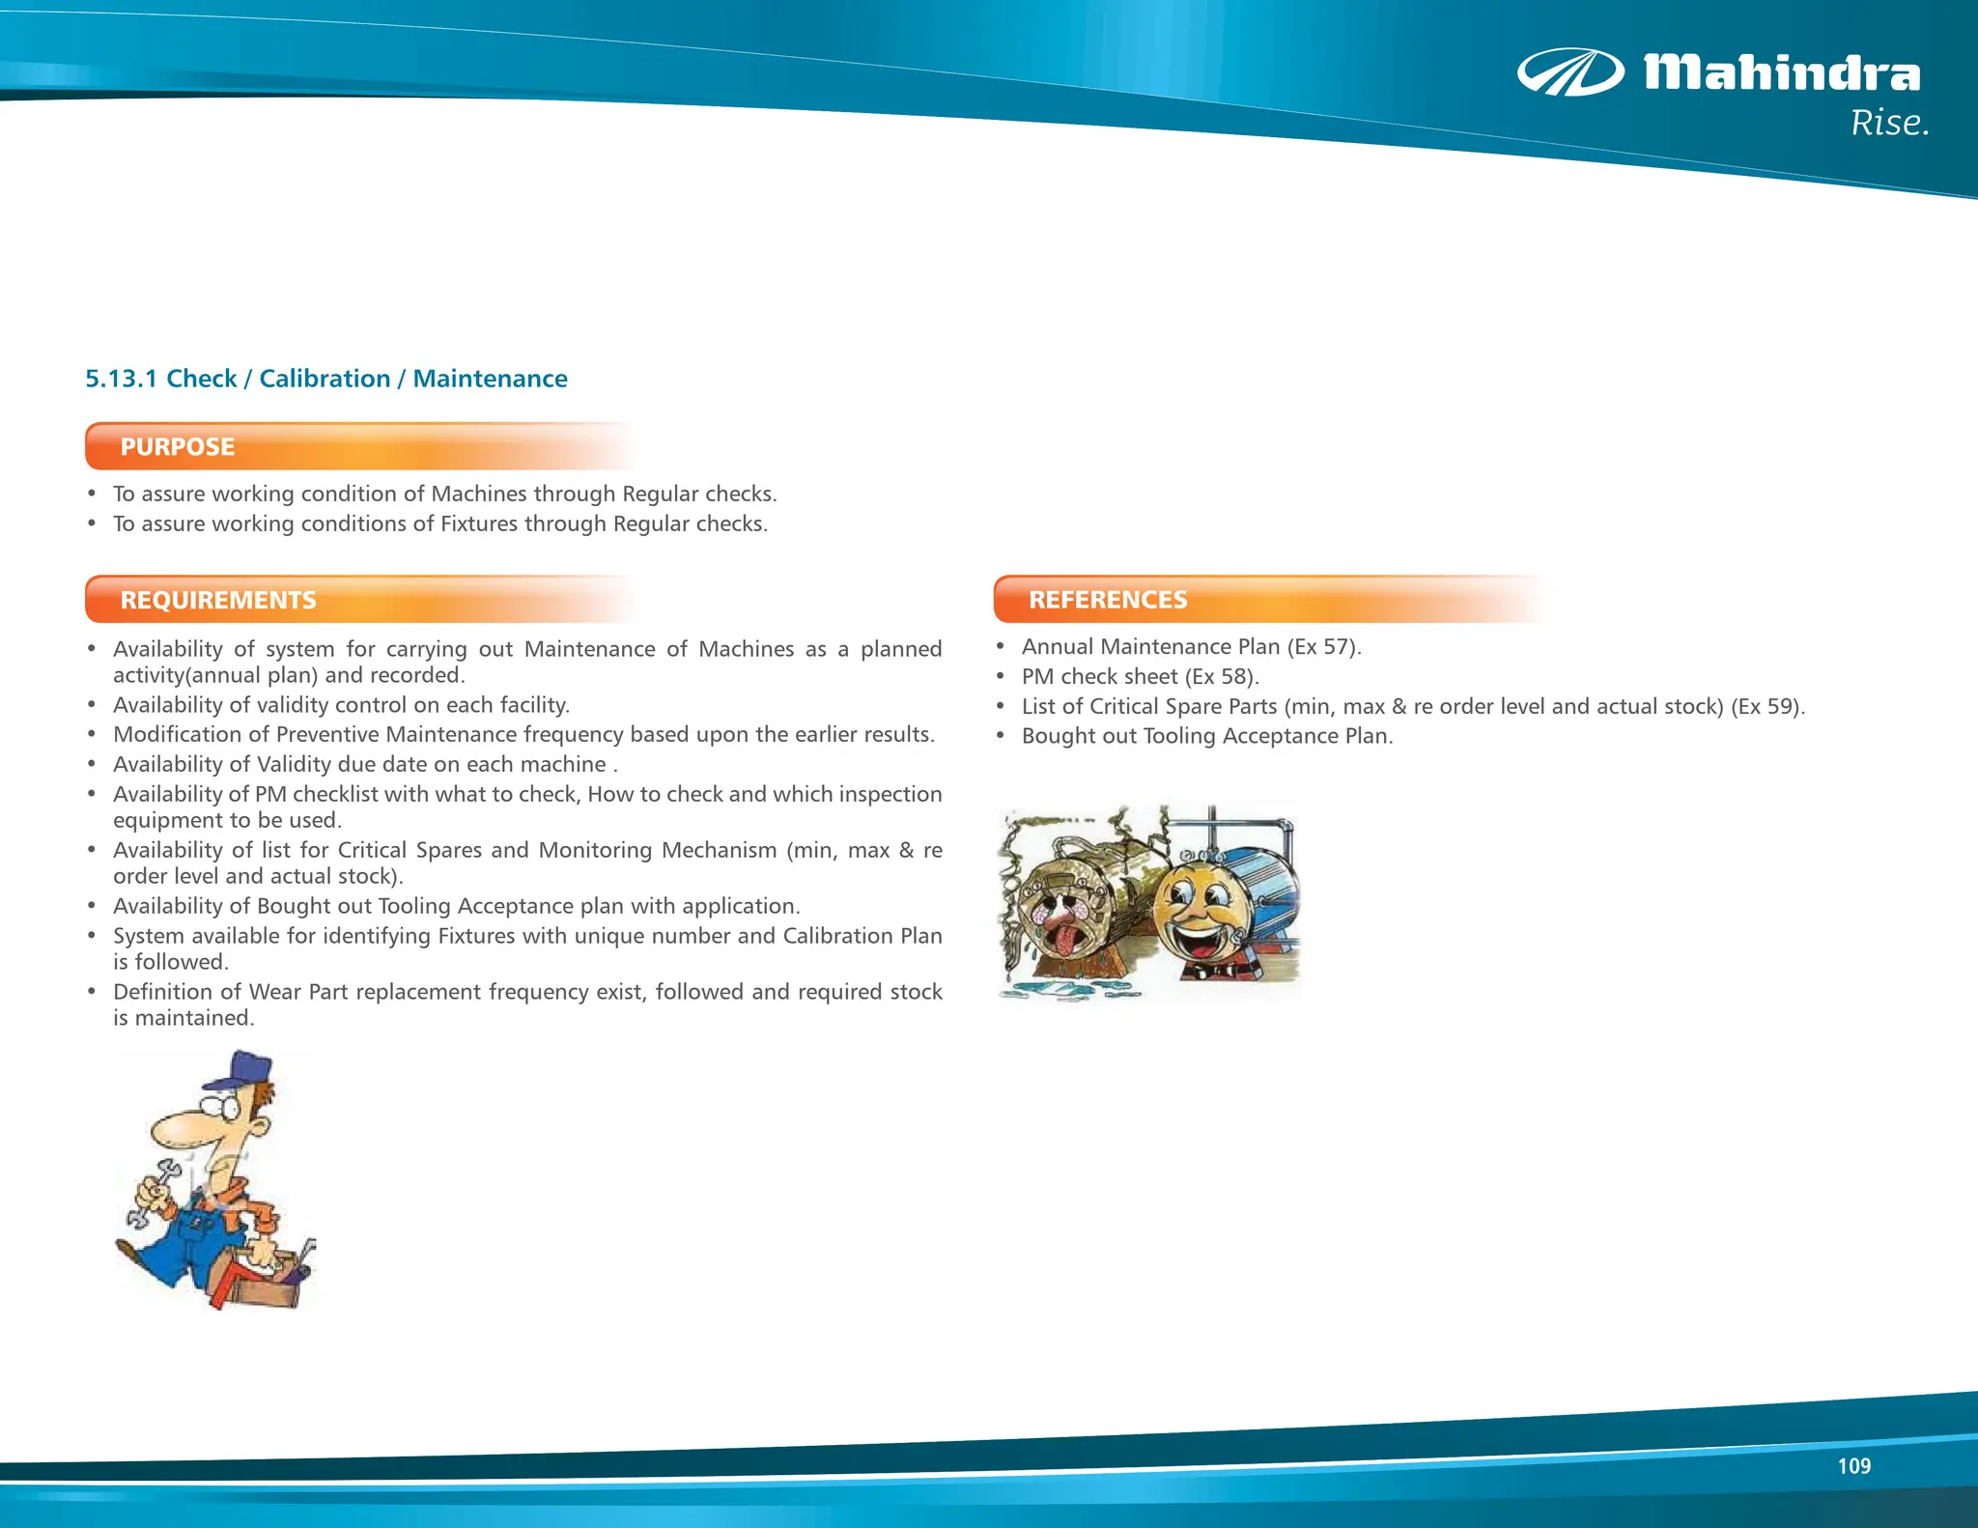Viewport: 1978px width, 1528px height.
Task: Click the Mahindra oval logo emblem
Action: click(1570, 72)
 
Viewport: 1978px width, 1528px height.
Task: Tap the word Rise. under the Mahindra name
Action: click(1889, 124)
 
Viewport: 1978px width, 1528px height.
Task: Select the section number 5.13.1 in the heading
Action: click(121, 379)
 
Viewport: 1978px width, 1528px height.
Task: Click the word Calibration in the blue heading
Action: click(325, 379)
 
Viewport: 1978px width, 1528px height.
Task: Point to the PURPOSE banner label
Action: click(178, 447)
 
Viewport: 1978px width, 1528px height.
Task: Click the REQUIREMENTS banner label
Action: click(218, 600)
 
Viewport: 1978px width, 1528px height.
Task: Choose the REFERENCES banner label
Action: click(1108, 600)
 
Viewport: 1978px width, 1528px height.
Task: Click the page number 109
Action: click(1853, 1466)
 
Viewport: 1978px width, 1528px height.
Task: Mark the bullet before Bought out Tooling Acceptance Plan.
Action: click(1002, 736)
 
